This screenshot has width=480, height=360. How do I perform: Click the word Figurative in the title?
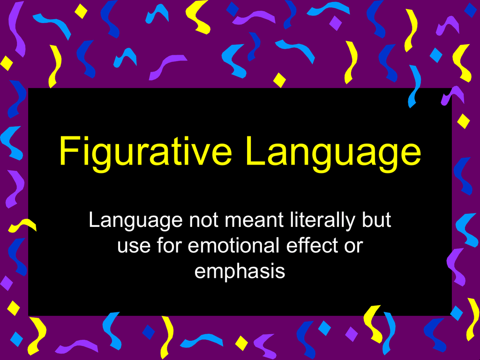tap(145, 152)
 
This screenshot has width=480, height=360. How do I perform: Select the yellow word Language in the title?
tap(333, 152)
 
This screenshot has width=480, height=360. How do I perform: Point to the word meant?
tap(255, 220)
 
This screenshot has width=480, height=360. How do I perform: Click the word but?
tap(376, 220)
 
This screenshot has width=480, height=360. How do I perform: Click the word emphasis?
tap(240, 272)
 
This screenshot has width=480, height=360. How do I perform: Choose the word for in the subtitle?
tap(169, 245)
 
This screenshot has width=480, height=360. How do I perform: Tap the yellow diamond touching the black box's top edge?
tap(279, 80)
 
